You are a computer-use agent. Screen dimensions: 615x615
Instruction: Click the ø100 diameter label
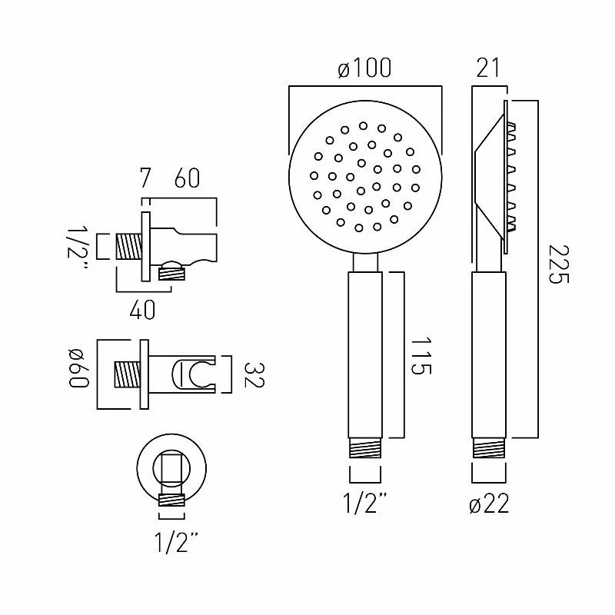coord(364,68)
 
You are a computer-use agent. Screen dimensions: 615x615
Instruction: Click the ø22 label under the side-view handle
coord(488,504)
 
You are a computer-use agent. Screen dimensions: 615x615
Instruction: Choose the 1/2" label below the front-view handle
coord(364,504)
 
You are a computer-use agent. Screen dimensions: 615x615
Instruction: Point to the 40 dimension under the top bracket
coord(143,309)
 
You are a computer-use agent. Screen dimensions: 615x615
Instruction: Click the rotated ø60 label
coord(80,371)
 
